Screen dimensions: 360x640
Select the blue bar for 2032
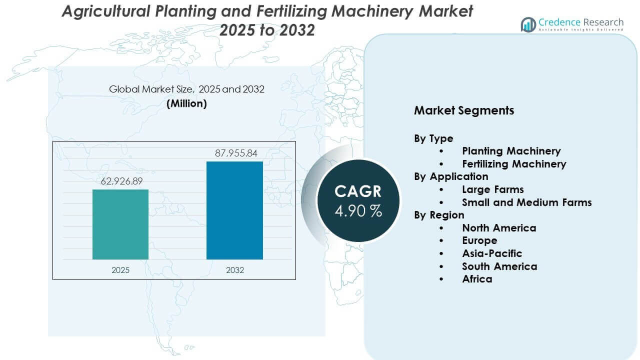click(x=234, y=210)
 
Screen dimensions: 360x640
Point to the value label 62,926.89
click(x=120, y=181)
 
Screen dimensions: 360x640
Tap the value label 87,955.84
click(x=235, y=153)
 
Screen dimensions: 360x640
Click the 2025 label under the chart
click(x=120, y=270)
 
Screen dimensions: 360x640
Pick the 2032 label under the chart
click(x=235, y=270)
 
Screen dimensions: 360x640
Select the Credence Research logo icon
click(x=528, y=24)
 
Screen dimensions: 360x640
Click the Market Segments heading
click(x=463, y=110)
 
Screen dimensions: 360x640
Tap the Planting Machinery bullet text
click(x=511, y=151)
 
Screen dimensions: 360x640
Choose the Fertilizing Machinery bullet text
click(x=514, y=164)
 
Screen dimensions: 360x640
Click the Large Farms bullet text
click(x=492, y=189)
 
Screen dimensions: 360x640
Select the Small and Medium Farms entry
click(x=526, y=202)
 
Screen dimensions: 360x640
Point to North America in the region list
click(x=499, y=228)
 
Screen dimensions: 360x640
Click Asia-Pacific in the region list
click(x=492, y=253)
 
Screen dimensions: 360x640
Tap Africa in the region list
click(x=477, y=279)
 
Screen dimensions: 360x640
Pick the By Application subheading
click(x=451, y=176)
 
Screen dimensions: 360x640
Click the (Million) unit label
click(x=186, y=103)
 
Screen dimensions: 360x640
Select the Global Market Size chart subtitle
click(x=186, y=89)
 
